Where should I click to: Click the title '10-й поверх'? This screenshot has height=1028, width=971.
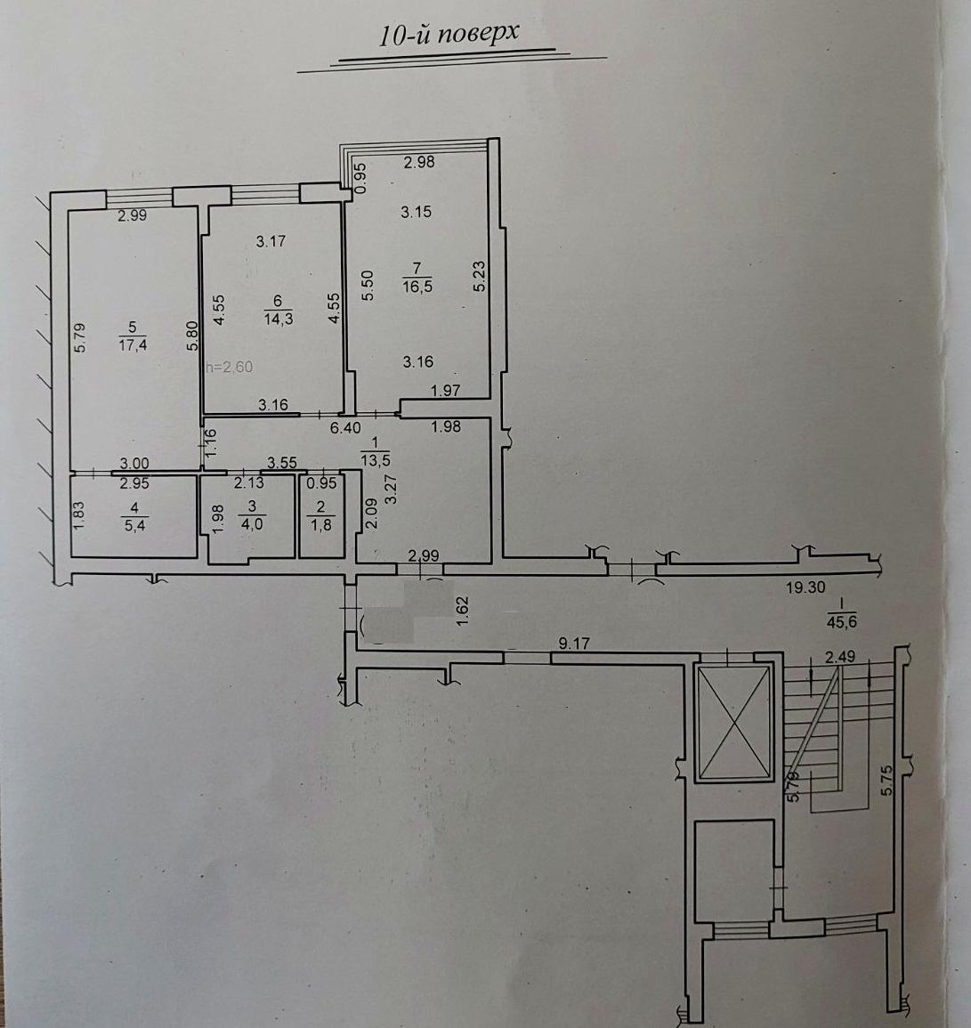pyautogui.click(x=449, y=34)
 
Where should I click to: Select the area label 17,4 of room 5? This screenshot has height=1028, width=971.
pyautogui.click(x=133, y=344)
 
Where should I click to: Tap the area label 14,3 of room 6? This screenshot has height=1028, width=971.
pyautogui.click(x=278, y=320)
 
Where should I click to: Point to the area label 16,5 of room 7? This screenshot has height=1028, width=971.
pyautogui.click(x=417, y=287)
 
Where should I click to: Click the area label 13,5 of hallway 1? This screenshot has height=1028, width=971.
pyautogui.click(x=375, y=459)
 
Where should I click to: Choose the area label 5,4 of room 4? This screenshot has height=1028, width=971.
pyautogui.click(x=134, y=525)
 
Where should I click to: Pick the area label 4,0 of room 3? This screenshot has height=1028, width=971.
pyautogui.click(x=252, y=524)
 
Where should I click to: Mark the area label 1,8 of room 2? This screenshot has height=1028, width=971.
pyautogui.click(x=320, y=524)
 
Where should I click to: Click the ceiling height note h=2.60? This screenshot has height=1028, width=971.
pyautogui.click(x=229, y=367)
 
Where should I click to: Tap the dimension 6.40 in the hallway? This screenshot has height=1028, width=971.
pyautogui.click(x=345, y=428)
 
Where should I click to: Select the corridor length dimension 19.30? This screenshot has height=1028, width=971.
pyautogui.click(x=805, y=587)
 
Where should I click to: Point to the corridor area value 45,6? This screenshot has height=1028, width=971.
pyautogui.click(x=843, y=623)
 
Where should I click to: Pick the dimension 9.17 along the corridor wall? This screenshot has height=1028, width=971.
pyautogui.click(x=574, y=644)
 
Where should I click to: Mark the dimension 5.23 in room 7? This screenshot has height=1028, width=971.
pyautogui.click(x=480, y=277)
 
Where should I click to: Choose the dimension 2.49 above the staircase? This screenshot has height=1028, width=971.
pyautogui.click(x=840, y=657)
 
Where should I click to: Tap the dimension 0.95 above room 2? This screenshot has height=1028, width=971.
pyautogui.click(x=322, y=483)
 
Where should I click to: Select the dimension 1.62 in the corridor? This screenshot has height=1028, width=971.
pyautogui.click(x=462, y=610)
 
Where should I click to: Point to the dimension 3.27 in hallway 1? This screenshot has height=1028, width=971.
pyautogui.click(x=392, y=490)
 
